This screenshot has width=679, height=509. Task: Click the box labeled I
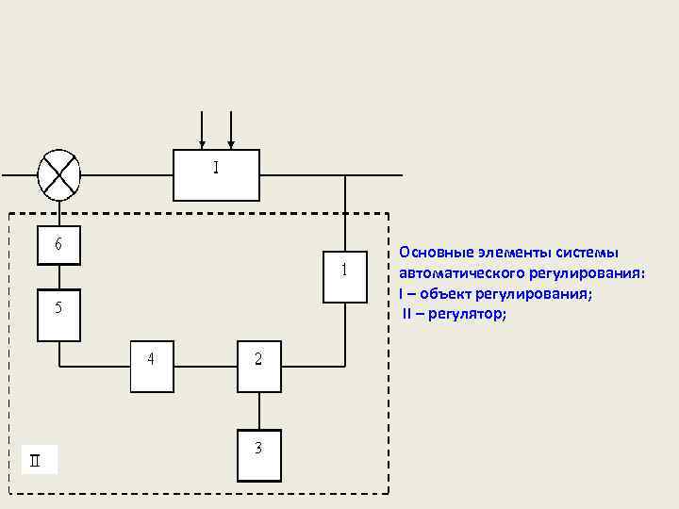point(216,174)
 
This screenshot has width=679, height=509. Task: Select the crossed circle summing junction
point(58,174)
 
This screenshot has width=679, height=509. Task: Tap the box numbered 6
point(58,245)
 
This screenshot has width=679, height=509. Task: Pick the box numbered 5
point(58,314)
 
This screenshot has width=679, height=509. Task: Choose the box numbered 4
point(152,365)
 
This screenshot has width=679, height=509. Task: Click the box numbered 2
point(259,365)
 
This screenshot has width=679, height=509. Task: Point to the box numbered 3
point(259,456)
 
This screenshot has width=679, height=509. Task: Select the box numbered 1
point(345,276)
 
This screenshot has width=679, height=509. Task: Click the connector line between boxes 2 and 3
point(259,411)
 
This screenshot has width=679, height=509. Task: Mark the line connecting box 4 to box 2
point(206,365)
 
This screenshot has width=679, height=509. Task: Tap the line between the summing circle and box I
point(126,174)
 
